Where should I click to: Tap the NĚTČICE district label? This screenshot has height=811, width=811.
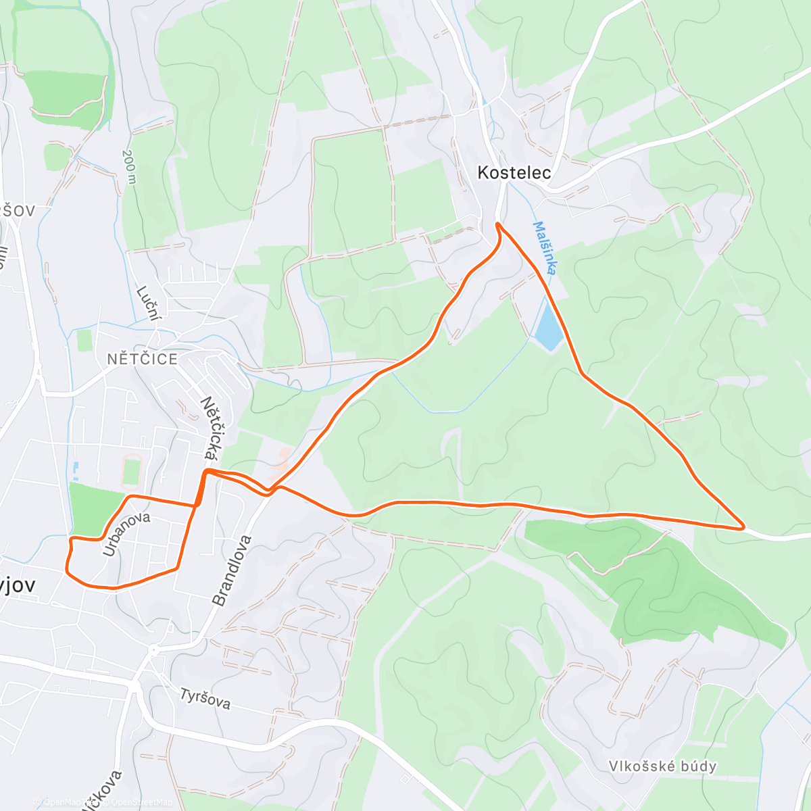click(142, 359)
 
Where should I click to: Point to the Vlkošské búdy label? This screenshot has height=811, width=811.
click(662, 766)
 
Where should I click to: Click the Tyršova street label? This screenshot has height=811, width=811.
click(205, 699)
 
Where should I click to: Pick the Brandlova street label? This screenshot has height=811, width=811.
click(232, 570)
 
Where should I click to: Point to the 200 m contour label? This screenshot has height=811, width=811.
click(128, 166)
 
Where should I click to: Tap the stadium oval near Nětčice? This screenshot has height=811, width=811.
click(131, 470)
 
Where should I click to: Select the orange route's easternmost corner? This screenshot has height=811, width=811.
click(743, 527)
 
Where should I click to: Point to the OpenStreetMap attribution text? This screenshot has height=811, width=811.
click(135, 802)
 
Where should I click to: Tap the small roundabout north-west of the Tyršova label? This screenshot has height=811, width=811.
click(154, 650)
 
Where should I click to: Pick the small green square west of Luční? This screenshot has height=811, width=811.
click(84, 340)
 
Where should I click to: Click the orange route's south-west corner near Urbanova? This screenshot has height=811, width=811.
click(68, 572)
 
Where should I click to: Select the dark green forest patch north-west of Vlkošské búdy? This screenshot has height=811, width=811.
click(649, 574)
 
